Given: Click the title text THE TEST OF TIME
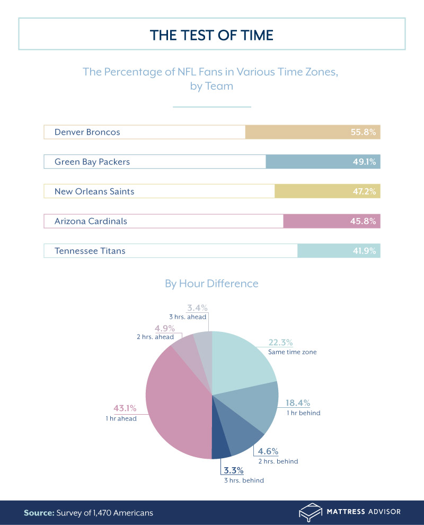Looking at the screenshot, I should click(211, 35).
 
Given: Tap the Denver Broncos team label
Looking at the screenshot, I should click(87, 132).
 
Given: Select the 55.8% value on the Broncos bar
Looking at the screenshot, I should click(363, 132).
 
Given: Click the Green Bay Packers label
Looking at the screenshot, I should click(92, 162).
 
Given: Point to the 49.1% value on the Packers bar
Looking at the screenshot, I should click(364, 162).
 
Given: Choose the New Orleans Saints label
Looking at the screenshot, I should click(94, 191).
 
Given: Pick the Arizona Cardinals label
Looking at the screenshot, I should click(91, 221).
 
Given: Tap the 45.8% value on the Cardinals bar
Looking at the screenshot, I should click(363, 221).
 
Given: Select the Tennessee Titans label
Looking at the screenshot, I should click(90, 251).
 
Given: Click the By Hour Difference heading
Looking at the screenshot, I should click(211, 284).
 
